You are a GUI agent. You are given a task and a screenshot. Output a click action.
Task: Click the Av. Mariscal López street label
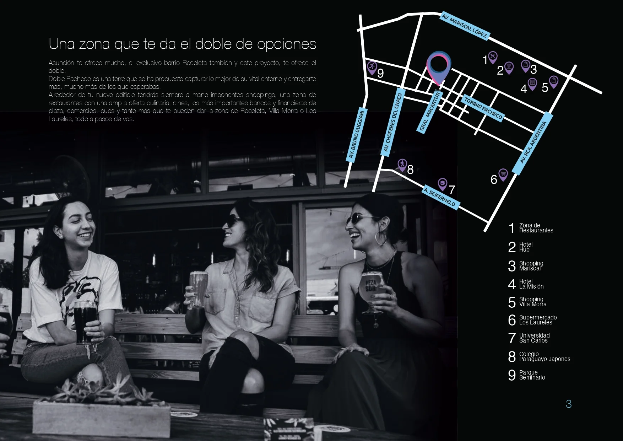465,26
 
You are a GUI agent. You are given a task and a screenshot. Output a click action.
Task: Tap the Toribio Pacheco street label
483,108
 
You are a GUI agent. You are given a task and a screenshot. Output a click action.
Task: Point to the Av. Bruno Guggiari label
356,134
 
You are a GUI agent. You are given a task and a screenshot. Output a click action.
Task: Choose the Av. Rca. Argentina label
533,143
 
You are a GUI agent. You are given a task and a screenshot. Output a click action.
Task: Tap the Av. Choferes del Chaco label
394,122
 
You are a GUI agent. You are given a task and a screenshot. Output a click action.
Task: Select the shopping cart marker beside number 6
503,174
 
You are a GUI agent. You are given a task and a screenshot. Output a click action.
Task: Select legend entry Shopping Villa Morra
527,302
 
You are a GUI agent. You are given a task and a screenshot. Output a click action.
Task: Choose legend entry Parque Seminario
527,375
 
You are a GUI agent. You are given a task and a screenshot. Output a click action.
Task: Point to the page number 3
569,404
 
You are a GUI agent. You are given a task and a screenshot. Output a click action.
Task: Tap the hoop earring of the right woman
381,238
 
